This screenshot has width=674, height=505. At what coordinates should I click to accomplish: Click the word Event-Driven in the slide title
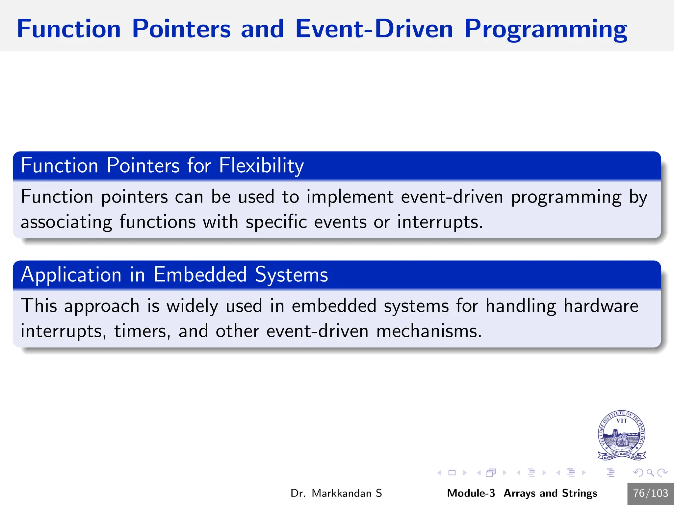pos(374,29)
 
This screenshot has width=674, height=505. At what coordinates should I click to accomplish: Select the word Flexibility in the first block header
pos(261,165)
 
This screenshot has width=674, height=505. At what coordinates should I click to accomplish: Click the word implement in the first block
pos(350,197)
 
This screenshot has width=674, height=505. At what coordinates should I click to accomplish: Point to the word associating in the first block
pos(66,222)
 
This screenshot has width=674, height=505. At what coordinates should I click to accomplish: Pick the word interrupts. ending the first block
pos(440,222)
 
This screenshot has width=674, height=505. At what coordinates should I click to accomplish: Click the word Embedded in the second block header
pos(200,275)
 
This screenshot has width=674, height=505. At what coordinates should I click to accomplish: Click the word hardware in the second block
pos(601,306)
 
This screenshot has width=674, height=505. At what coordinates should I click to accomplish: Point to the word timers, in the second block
pos(142,331)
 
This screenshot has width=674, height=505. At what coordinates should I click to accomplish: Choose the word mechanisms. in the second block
pos(429,331)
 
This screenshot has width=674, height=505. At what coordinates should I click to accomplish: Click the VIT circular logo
pos(621,435)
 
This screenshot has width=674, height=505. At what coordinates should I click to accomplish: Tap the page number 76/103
pos(650,493)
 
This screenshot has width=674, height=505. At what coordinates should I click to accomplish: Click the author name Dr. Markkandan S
pos(336,493)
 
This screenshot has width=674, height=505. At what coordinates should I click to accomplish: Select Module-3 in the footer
pos(471,493)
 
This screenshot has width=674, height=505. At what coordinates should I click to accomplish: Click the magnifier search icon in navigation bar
pos(650,473)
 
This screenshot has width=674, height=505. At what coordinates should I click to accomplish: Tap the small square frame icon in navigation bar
pos(452,473)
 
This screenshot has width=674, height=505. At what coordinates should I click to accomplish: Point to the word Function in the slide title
pos(69,29)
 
